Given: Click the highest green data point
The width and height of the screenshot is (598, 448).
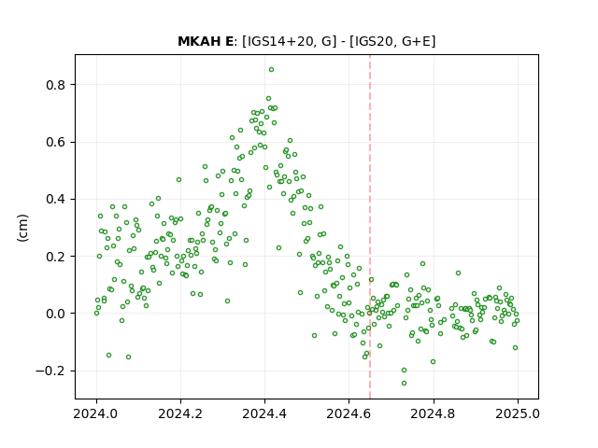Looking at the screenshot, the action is click(x=272, y=70).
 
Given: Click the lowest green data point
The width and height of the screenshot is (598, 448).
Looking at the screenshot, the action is click(x=405, y=384).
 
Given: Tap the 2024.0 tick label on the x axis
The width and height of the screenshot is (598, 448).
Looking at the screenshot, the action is click(x=96, y=413).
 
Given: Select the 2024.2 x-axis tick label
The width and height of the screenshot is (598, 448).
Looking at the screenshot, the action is click(x=180, y=413).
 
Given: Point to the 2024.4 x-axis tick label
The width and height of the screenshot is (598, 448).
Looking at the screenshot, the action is click(x=264, y=413).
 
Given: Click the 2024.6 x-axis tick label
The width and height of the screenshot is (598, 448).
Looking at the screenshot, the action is click(x=349, y=413).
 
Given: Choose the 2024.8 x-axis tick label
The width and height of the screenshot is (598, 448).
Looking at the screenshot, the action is click(x=434, y=413).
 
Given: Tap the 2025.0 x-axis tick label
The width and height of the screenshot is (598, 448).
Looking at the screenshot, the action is click(x=518, y=413).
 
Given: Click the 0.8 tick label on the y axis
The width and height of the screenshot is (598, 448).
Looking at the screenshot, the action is click(x=56, y=85).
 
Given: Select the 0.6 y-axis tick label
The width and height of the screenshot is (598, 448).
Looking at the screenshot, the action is click(x=56, y=142).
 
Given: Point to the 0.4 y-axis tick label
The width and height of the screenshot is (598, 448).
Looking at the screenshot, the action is click(x=56, y=199).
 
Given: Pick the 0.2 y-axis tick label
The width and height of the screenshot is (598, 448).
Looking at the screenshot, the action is click(x=56, y=257).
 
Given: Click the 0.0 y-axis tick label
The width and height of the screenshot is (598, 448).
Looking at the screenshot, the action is click(x=56, y=314).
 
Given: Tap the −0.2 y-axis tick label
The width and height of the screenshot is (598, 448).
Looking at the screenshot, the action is click(x=50, y=371).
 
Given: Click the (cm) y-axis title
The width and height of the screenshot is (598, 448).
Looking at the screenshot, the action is click(x=22, y=228).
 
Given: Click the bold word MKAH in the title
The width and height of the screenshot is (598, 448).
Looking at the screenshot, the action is click(x=195, y=41).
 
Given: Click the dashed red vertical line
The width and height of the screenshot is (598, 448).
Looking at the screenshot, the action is click(x=370, y=227).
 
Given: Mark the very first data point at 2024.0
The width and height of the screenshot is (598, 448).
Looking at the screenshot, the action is click(x=96, y=314).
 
